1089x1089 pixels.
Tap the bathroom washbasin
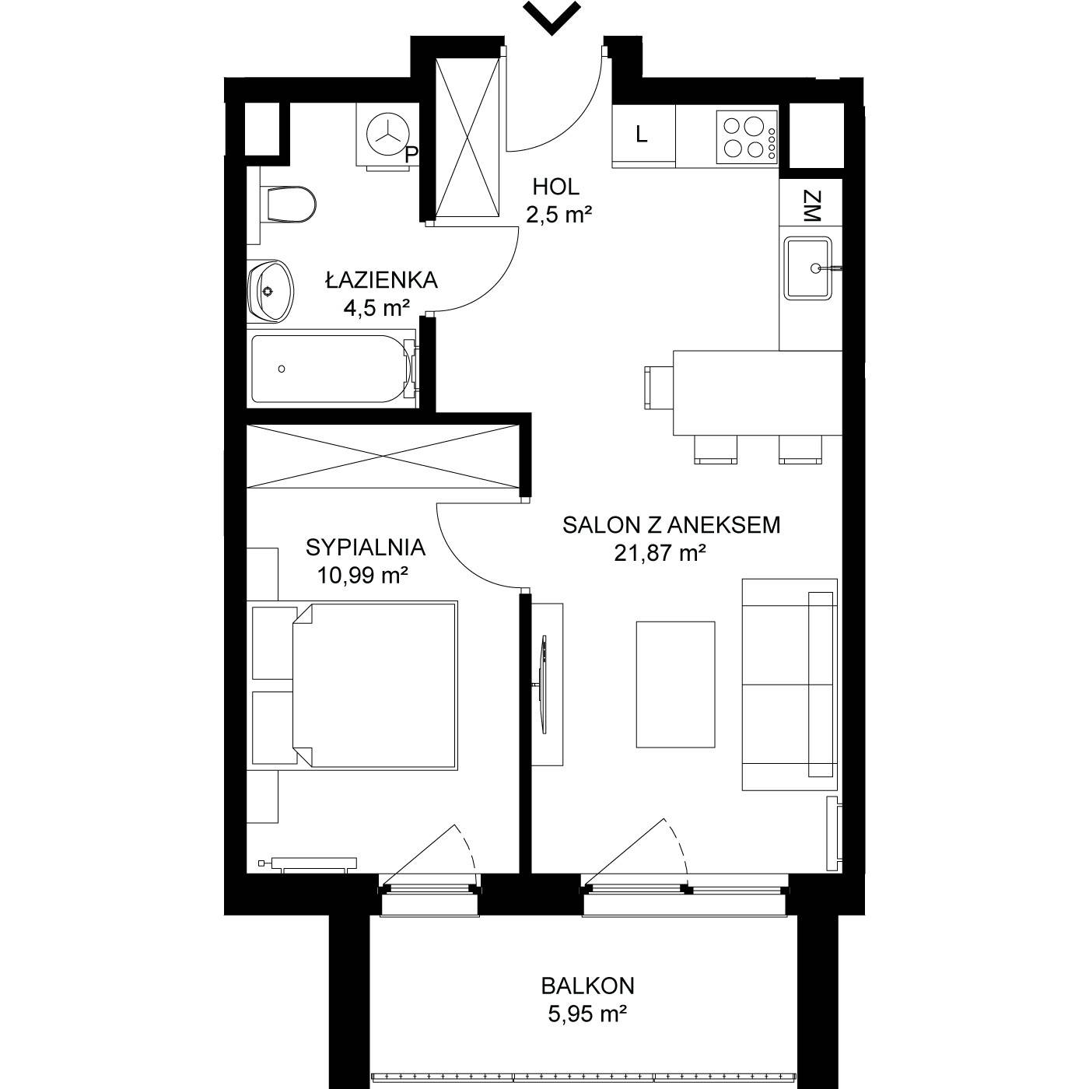coord(271,292)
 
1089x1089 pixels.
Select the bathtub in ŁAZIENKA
coord(334,369)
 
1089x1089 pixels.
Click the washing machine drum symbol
coord(387,135)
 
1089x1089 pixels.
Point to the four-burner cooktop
coord(747,138)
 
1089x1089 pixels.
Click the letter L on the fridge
coord(641,135)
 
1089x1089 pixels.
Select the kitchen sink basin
coord(807,268)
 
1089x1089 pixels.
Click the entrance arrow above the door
coord(552,17)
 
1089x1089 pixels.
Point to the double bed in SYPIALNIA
coord(374,685)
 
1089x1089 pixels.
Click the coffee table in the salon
coord(675,685)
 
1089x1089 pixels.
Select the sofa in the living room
coord(790,685)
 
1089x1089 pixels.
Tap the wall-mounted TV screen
coord(544,685)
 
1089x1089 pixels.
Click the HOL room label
coord(556,187)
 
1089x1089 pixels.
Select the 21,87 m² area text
coord(660,553)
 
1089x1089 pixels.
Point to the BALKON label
coord(588,986)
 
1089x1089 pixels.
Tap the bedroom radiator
coord(308,864)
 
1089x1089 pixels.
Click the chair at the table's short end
coord(659,387)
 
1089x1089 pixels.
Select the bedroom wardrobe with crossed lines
coord(383,456)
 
